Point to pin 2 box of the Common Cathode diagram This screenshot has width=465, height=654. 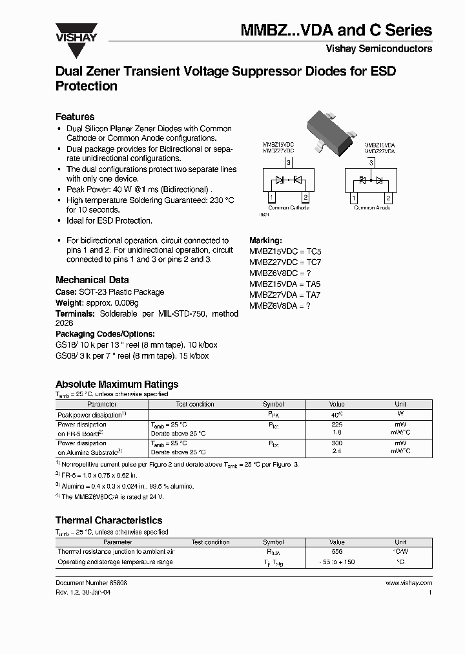305,197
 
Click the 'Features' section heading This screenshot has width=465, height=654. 75,117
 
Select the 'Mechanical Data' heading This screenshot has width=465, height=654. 92,280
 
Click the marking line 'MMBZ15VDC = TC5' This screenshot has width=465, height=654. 285,251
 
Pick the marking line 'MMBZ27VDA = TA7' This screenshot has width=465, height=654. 285,295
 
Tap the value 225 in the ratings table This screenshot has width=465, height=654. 336,425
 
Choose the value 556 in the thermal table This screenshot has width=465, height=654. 336,552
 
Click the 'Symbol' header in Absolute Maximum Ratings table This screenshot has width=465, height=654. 273,404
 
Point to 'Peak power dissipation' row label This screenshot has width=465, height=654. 90,414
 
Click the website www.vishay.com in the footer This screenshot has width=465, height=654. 408,583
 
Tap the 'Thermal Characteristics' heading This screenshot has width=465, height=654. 108,520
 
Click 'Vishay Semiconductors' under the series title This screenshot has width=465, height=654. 379,48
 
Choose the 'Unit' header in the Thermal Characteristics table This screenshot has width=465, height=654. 400,542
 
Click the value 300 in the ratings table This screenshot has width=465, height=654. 336,444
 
